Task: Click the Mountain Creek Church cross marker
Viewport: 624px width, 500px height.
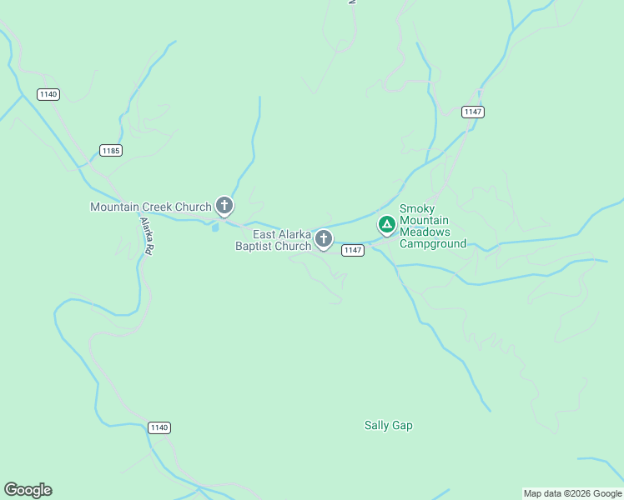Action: [x=224, y=205]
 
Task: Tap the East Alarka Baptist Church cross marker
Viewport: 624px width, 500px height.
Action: [x=324, y=240]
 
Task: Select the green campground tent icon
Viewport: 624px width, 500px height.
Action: [x=386, y=224]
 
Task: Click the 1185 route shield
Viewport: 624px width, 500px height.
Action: [x=110, y=150]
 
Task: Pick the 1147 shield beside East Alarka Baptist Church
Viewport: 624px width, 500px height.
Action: [x=353, y=250]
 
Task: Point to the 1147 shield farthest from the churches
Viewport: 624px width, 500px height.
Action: [x=473, y=112]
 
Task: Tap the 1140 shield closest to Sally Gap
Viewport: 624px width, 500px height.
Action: [x=159, y=427]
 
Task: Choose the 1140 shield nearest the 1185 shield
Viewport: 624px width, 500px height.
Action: [x=48, y=94]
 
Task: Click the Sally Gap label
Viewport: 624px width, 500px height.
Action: [x=388, y=425]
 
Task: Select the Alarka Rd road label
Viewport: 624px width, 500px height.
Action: [x=146, y=236]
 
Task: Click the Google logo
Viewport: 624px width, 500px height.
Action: [x=28, y=490]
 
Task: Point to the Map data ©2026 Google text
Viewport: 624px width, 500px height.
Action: [x=571, y=493]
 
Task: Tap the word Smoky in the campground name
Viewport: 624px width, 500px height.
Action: [x=417, y=208]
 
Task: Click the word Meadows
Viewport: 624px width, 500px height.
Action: [x=425, y=232]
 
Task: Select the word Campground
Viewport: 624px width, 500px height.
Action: [x=433, y=243]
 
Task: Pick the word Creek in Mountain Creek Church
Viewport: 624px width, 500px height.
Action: [x=156, y=207]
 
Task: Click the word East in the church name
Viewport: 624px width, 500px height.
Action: [x=265, y=234]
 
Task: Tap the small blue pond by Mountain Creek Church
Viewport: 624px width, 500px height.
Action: [x=216, y=226]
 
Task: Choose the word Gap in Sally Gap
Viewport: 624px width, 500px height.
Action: [x=403, y=425]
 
